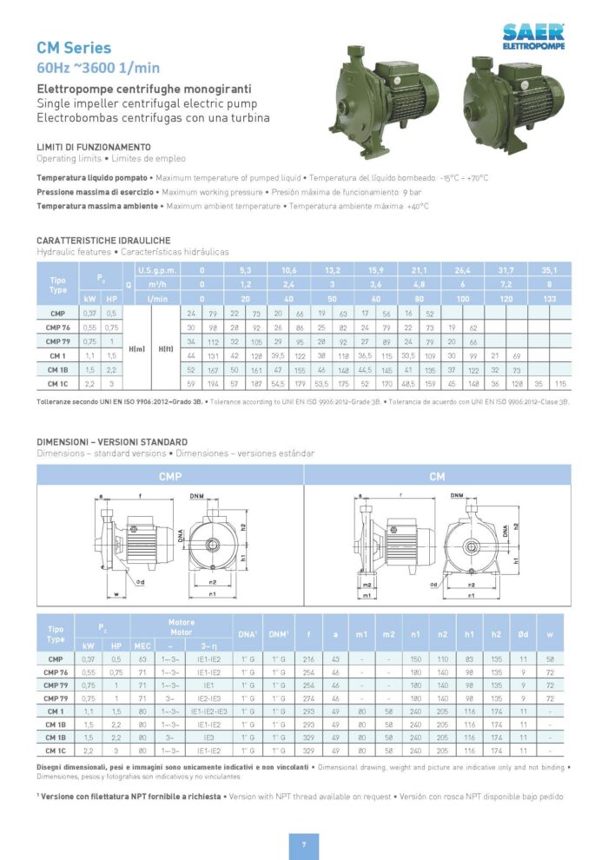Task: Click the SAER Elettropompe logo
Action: [x=533, y=36]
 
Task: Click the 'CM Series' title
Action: [x=74, y=49]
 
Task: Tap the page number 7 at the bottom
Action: [x=304, y=843]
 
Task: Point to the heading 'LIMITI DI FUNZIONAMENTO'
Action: [x=94, y=147]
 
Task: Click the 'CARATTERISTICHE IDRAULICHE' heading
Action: [x=103, y=240]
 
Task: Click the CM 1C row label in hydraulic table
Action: [x=58, y=383]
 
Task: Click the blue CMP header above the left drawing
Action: [x=170, y=476]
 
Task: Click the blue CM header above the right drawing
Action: [x=437, y=476]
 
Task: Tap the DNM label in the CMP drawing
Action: [x=197, y=495]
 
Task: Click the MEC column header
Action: [x=142, y=646]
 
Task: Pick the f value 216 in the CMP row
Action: [x=308, y=659]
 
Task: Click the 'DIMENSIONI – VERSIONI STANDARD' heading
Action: [x=112, y=442]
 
